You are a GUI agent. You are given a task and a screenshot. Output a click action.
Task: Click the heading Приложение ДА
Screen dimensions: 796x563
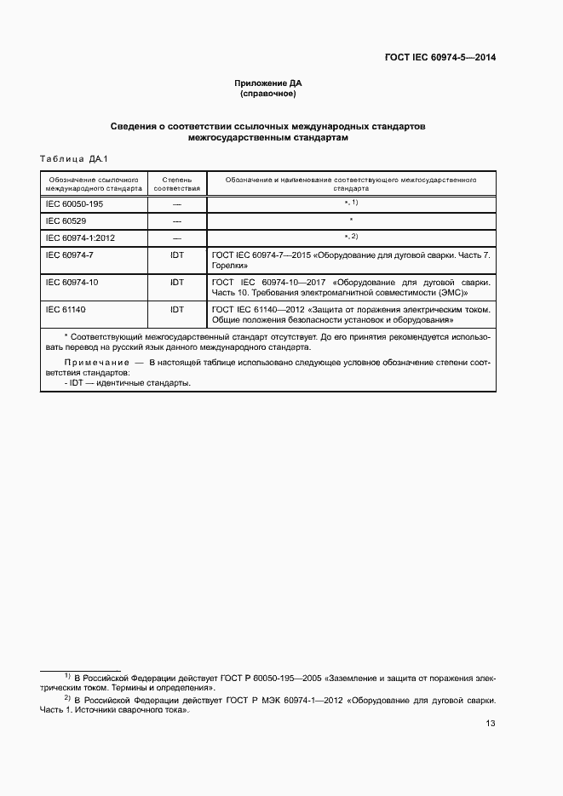pos(268,83)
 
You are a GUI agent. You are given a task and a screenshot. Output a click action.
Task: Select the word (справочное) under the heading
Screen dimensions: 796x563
pos(268,93)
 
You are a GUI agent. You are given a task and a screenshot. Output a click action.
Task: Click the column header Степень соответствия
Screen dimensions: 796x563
pos(177,184)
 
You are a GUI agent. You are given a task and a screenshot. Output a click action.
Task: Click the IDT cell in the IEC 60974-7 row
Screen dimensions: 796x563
pos(177,255)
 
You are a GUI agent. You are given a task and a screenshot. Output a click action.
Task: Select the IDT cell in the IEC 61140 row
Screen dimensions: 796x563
pos(177,309)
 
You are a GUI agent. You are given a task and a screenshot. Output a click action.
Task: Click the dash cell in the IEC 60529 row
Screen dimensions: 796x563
pos(177,221)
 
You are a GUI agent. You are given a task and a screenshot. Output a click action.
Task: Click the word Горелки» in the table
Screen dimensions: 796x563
pos(230,266)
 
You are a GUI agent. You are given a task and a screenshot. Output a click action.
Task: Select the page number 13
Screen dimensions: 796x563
pos(490,724)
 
